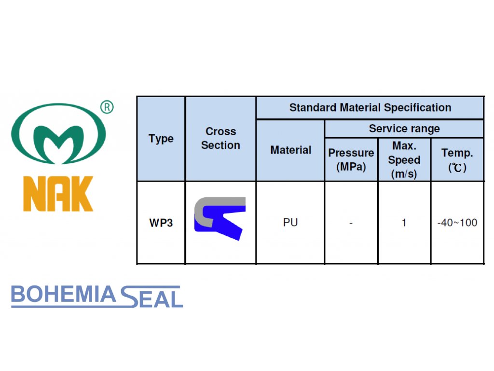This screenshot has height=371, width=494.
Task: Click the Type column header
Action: tap(161, 139)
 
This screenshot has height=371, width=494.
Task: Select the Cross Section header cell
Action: tap(220, 138)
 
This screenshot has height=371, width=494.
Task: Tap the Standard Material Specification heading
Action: tap(370, 108)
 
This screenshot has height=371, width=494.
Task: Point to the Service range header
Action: tap(404, 128)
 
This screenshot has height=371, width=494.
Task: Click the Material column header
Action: tap(290, 150)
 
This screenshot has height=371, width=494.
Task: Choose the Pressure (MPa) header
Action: tap(351, 159)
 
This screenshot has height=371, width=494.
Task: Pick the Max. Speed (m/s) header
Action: tap(404, 159)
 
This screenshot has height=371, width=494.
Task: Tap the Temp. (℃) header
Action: tap(457, 159)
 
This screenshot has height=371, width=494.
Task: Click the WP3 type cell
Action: tap(161, 223)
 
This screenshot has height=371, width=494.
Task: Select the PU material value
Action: tap(290, 223)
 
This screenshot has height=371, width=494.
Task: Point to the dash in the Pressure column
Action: tap(351, 223)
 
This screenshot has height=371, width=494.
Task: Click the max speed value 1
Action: tap(404, 223)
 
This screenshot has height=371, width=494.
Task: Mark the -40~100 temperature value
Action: tap(457, 223)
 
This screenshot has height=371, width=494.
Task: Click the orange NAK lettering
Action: tap(58, 194)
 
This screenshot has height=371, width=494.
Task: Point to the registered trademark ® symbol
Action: tap(107, 107)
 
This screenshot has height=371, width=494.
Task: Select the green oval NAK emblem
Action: tap(58, 133)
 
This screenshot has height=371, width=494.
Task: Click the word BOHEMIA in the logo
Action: tap(63, 295)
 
